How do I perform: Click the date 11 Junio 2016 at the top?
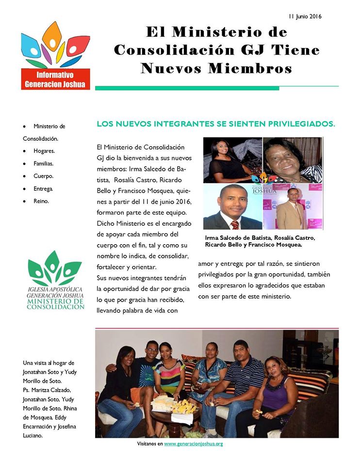(x=305, y=16)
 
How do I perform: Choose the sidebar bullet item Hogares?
(x=44, y=151)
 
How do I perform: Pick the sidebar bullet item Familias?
(x=44, y=164)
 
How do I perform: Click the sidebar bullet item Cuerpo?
(x=43, y=176)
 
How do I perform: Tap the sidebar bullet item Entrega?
(x=43, y=188)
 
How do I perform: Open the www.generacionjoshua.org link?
(x=193, y=444)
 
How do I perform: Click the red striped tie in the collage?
(x=235, y=224)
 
